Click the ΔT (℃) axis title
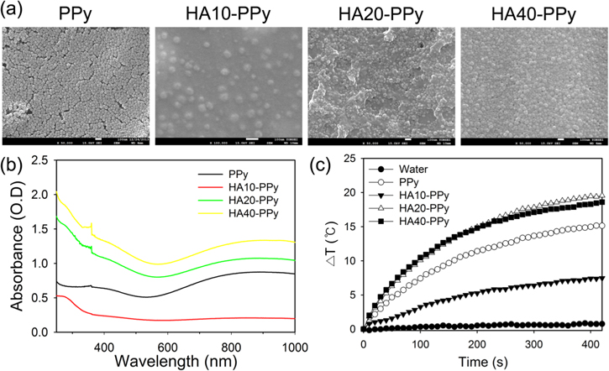point(333,241)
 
